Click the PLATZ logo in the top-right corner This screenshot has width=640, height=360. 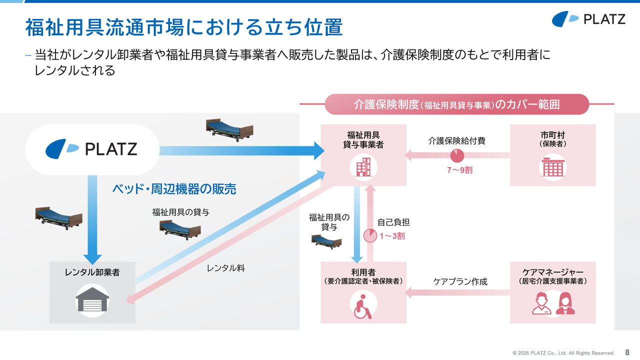coord(588,19)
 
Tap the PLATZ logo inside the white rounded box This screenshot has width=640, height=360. coord(91,149)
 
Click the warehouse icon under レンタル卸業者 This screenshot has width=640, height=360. coord(92,300)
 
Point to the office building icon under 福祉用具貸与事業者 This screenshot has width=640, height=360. coord(363,167)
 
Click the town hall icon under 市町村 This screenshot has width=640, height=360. coord(552,167)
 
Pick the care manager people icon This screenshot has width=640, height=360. coord(553,303)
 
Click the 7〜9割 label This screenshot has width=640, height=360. coord(459,170)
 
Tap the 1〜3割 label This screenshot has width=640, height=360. coord(392,236)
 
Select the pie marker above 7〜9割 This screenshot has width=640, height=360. coord(457,155)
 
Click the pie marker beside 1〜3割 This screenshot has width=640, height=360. coord(370,235)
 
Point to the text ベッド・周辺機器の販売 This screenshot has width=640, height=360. coord(174,189)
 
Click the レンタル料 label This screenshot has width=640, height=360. coord(225,268)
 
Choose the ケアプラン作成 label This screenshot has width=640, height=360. coord(460,281)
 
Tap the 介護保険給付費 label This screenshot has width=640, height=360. coord(456,141)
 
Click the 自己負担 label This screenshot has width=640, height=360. coord(393,222)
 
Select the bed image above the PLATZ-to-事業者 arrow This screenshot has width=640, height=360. coord(229,130)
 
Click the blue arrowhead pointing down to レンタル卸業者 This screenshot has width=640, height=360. coord(92,259)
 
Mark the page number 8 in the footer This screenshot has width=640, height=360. coord(627,352)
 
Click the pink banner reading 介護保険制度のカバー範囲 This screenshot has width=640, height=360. coord(457,104)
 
